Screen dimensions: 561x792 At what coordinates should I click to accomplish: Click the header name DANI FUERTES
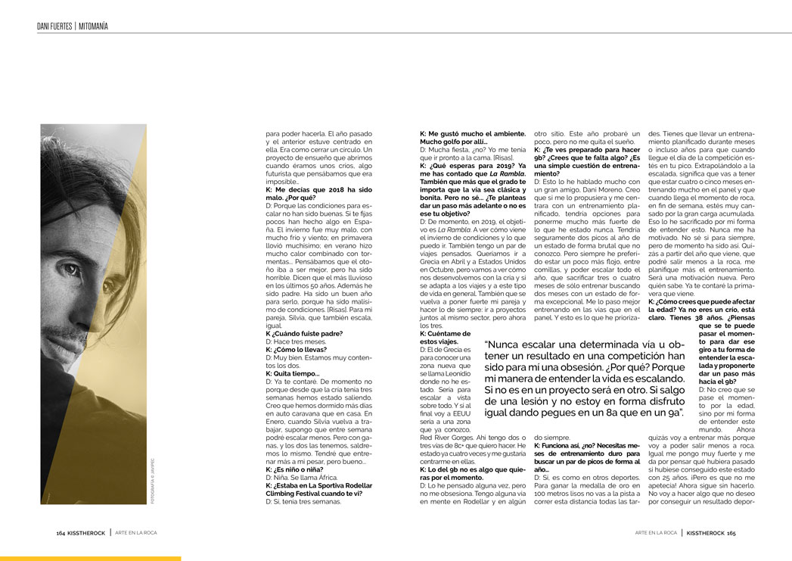pos(54,26)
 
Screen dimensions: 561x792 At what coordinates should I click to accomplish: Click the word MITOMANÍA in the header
pos(93,26)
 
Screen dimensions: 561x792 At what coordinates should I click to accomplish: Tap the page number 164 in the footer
pos(61,533)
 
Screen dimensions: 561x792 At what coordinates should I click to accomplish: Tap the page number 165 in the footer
pos(731,533)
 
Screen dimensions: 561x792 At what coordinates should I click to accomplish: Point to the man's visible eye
pos(72,270)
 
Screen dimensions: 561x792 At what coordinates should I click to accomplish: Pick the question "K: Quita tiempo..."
pos(292,373)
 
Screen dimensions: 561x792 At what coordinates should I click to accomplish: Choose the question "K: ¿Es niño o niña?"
pos(296,469)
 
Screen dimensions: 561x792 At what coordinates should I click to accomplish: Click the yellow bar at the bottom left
pos(90,559)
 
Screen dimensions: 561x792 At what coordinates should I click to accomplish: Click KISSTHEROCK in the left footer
pos(88,533)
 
